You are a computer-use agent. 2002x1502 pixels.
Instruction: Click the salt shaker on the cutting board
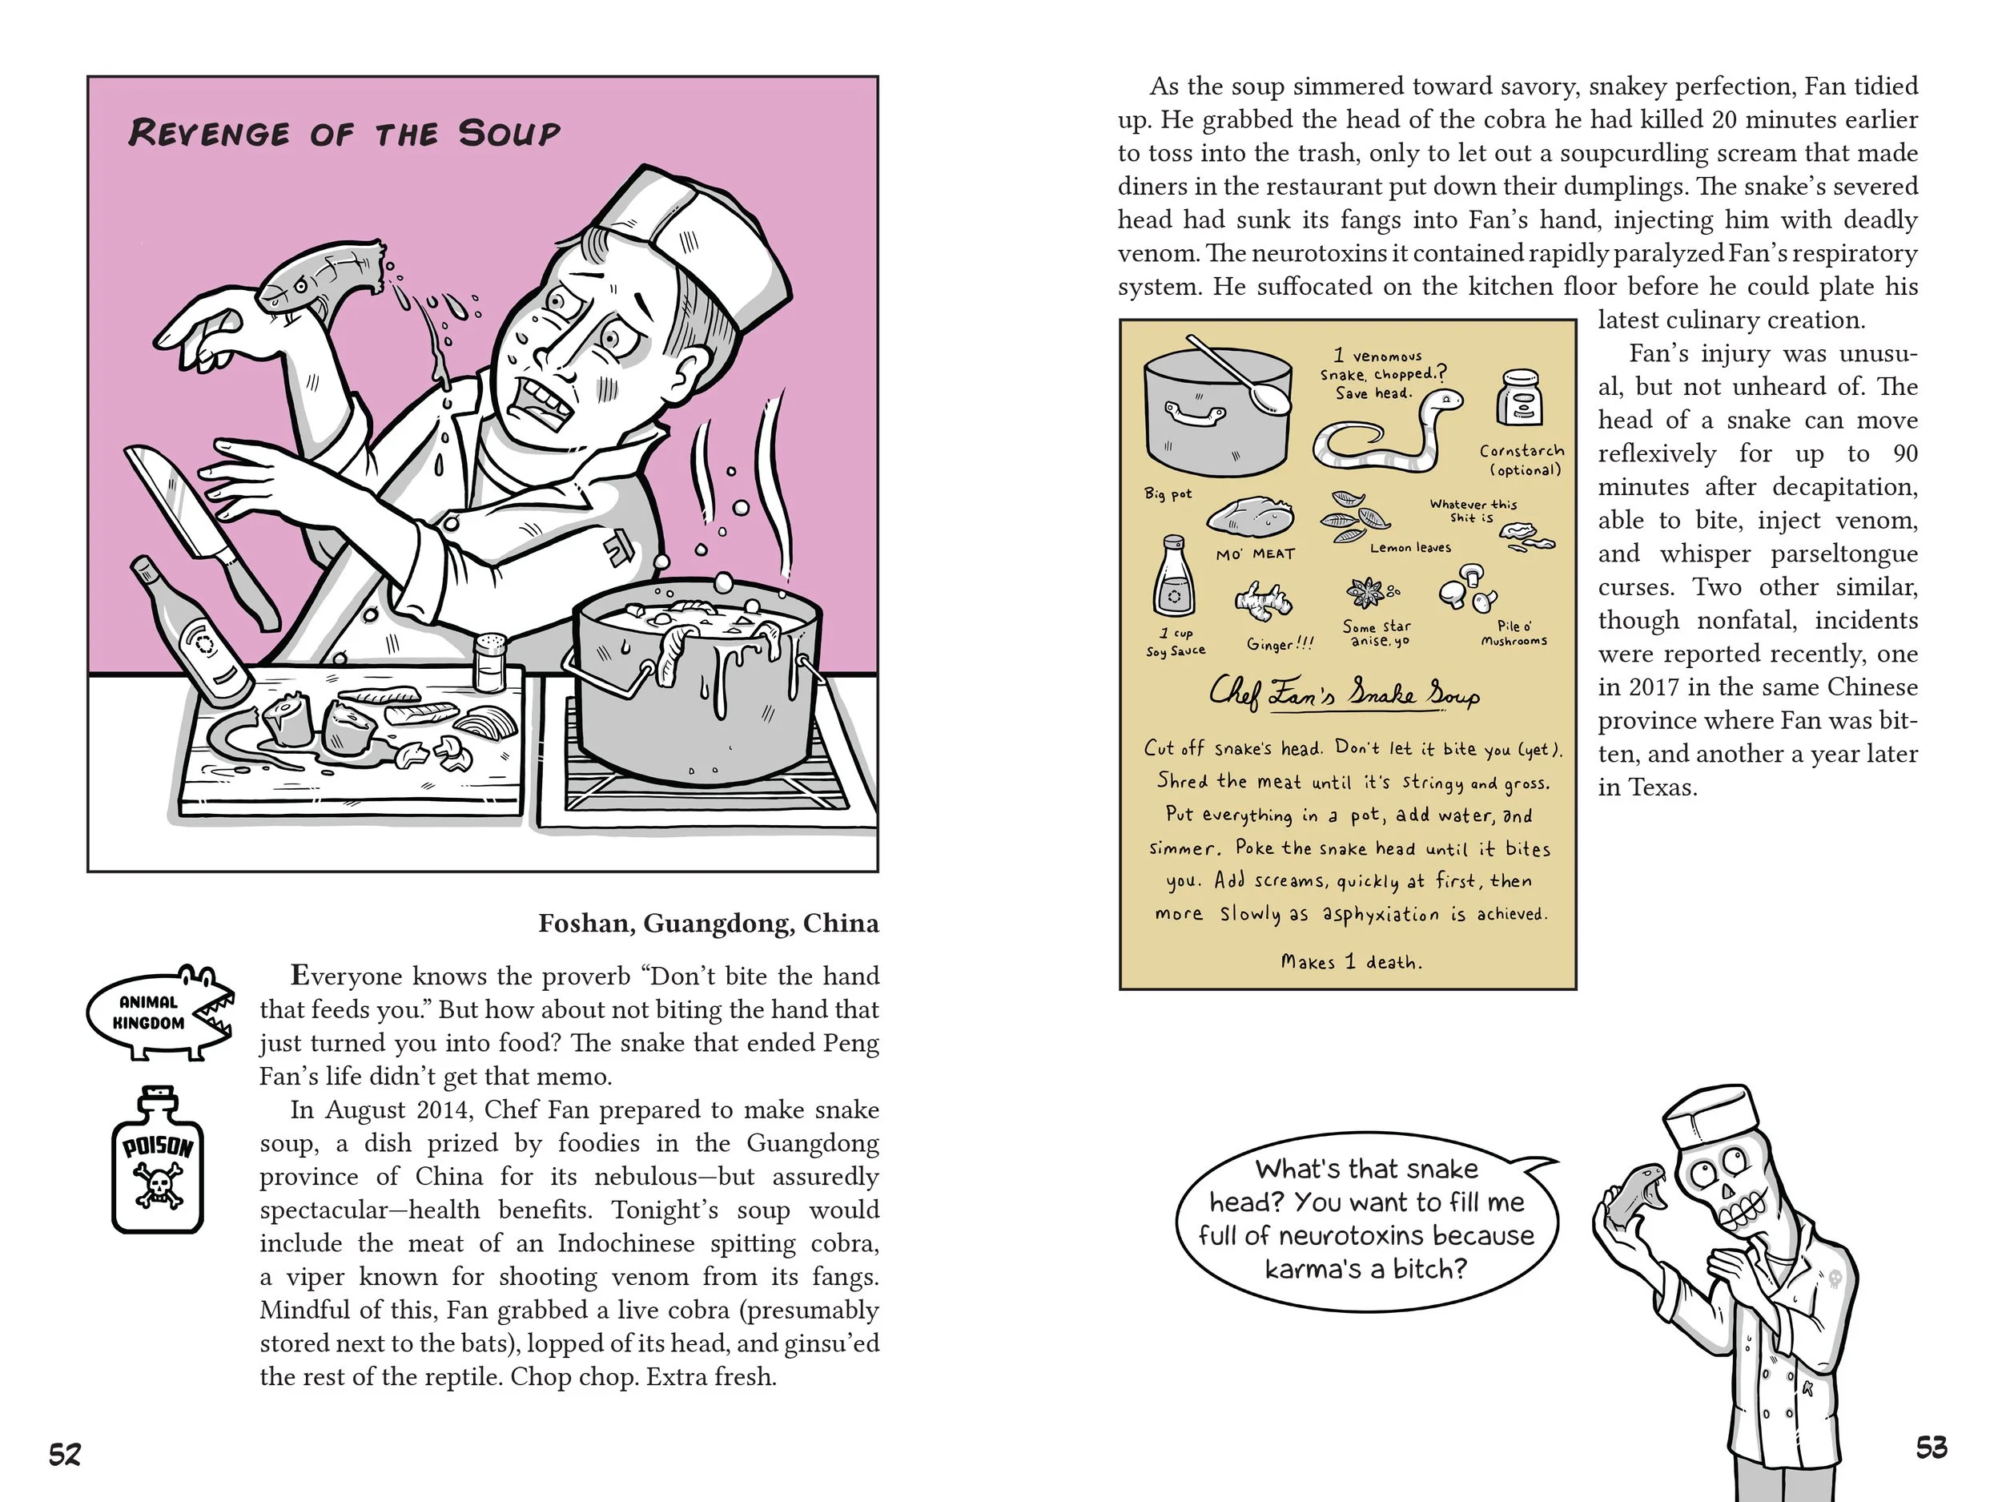point(489,662)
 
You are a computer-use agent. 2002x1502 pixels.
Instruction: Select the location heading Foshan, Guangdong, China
point(709,923)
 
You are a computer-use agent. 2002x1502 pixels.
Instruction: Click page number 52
point(65,1455)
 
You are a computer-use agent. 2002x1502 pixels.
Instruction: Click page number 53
point(1932,1448)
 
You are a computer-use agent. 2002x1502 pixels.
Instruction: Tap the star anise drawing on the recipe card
point(1368,594)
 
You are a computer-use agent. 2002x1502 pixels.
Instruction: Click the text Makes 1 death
point(1351,961)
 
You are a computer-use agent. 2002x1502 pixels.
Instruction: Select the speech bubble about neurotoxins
point(1368,1219)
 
